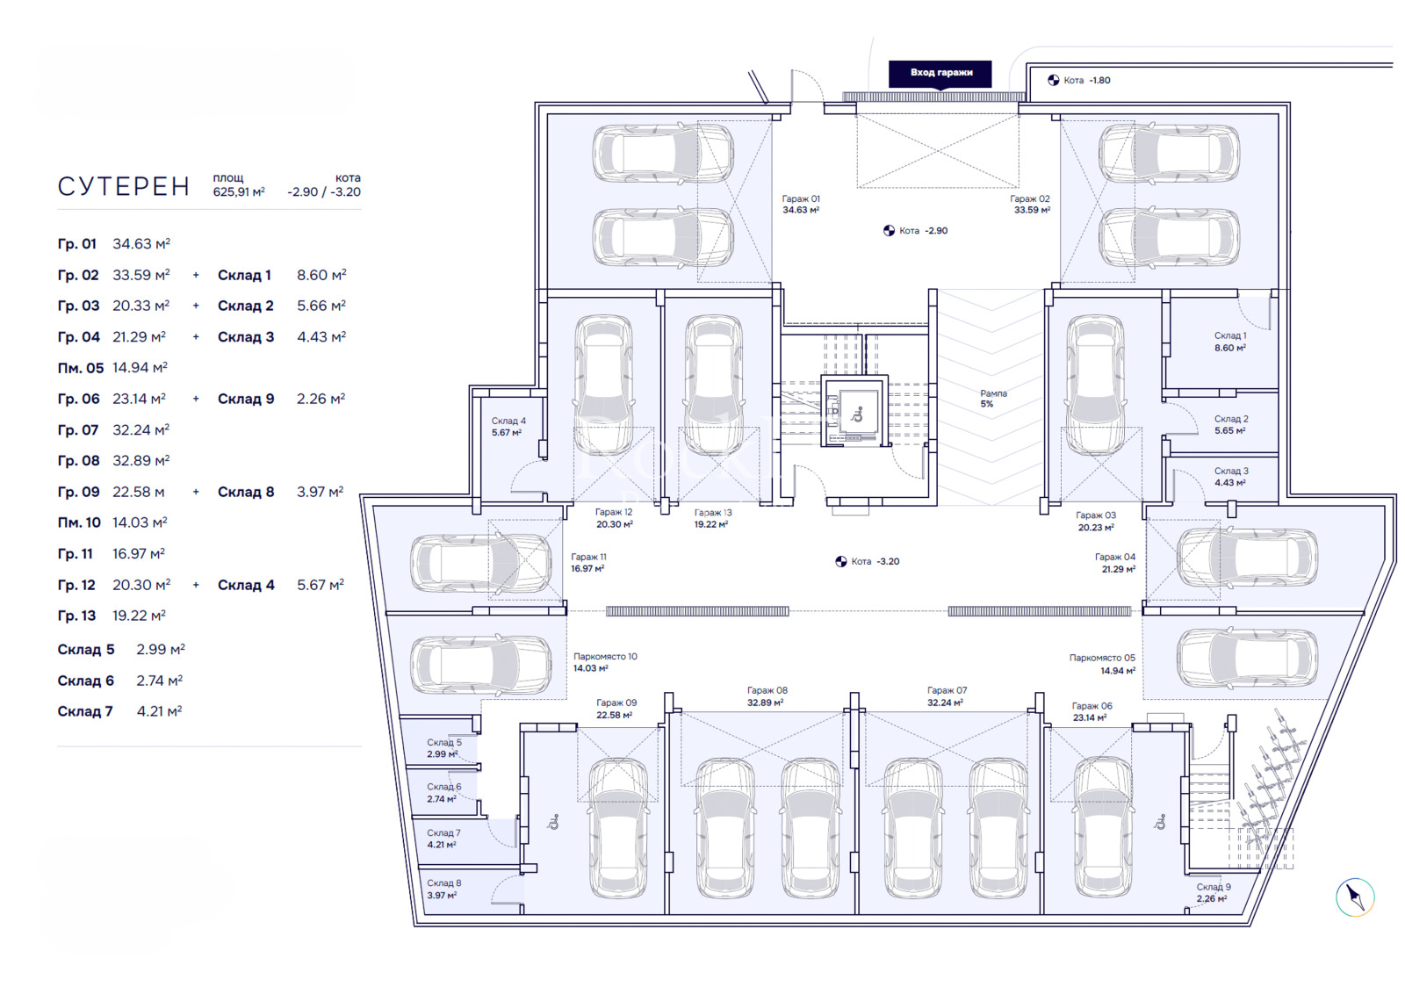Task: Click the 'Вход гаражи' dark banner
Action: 940,73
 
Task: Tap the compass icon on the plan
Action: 1354,897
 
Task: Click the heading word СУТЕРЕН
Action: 124,187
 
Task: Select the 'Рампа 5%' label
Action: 993,399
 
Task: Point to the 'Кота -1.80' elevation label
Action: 1086,81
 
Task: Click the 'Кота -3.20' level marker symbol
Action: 840,562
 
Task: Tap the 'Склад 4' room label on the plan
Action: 508,427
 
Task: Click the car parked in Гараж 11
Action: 469,563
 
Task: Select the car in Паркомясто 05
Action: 1247,659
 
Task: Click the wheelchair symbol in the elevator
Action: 857,413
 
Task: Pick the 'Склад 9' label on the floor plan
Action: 1213,892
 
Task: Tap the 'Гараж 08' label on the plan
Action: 767,696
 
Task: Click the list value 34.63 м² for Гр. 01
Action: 141,244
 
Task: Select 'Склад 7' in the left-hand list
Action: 85,712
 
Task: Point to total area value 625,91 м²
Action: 238,192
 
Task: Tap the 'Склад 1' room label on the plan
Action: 1229,342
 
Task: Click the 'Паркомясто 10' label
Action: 605,662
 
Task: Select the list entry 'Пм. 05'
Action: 81,369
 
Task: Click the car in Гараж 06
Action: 1102,825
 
